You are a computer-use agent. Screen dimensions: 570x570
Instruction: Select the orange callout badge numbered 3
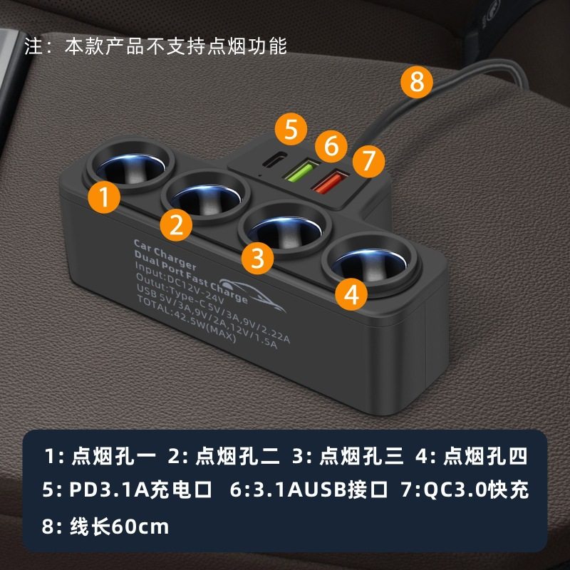click(257, 255)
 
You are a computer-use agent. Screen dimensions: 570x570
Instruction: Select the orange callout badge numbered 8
click(417, 83)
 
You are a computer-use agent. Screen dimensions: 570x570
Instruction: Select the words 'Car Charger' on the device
click(165, 249)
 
